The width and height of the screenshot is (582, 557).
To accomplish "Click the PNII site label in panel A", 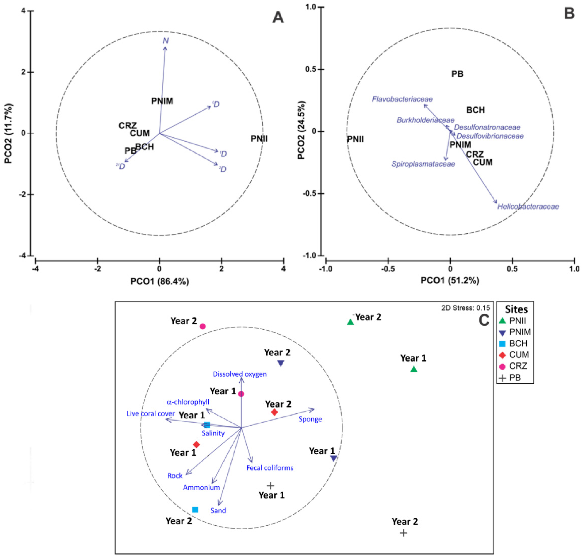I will [x=259, y=139].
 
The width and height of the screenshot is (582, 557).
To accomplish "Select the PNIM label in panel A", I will [x=162, y=101].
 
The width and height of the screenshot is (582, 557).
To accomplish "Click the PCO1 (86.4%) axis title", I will [x=159, y=281].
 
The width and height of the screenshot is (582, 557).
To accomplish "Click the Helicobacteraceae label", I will [x=528, y=207].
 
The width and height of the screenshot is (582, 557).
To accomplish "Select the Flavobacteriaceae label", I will [x=402, y=99].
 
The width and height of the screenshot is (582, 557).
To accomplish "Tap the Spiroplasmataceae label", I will [x=423, y=164].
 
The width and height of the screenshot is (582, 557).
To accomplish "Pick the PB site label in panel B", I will [x=457, y=74].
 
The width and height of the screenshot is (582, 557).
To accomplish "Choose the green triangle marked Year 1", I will [x=414, y=369].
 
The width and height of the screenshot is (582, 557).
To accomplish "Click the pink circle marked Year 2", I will [x=202, y=326].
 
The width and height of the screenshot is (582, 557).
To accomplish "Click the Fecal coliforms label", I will [x=270, y=468].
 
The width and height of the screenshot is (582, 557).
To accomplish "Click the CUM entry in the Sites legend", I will [x=519, y=355].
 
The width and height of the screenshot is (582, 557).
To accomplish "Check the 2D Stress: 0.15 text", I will [x=466, y=308].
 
